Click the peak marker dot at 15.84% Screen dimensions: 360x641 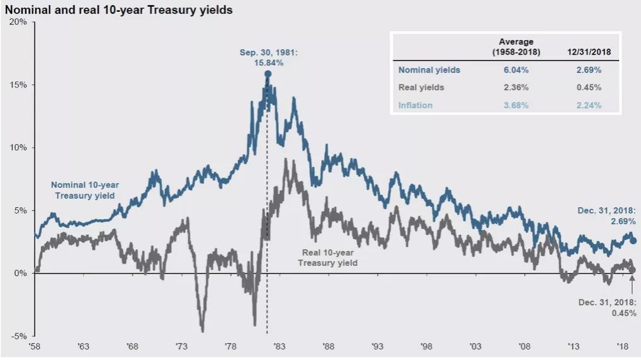point(268,74)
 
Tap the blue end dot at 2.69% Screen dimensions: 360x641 point(633,241)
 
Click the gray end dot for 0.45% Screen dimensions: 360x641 point(633,269)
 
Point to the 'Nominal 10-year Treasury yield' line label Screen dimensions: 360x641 point(84,190)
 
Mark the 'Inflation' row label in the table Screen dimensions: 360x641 point(415,105)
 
